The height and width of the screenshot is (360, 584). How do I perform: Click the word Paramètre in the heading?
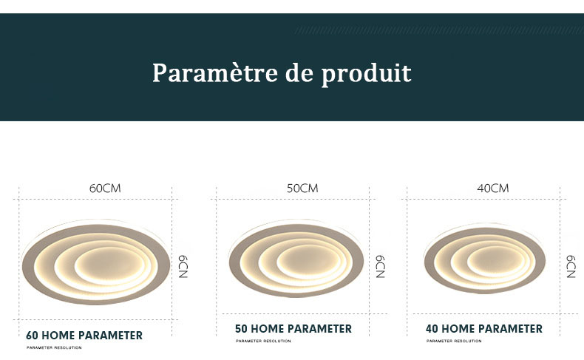pos(215,72)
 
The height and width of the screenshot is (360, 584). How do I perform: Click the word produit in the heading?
pos(367,75)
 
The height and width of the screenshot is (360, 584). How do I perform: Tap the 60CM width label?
pos(105,189)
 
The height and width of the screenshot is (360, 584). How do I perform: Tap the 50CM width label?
pos(302,189)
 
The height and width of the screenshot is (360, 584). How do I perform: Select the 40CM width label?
pos(493,189)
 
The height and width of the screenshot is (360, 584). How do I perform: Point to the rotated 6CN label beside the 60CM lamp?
pos(183,267)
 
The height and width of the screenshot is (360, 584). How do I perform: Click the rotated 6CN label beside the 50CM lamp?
pos(380,267)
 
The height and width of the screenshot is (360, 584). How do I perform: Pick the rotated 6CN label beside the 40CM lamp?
pos(571,267)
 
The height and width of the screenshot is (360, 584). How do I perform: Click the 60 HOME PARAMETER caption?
pos(84,336)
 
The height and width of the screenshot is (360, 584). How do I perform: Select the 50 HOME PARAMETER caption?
pos(293,329)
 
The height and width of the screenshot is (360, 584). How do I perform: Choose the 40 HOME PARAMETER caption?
pos(484,329)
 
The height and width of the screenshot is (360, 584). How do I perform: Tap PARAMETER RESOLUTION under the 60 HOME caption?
pos(54,347)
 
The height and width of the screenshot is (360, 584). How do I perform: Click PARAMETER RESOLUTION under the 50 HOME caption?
pos(263,341)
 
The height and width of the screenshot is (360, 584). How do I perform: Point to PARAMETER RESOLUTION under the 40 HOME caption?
pos(454,341)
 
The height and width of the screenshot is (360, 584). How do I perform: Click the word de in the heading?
pos(299,72)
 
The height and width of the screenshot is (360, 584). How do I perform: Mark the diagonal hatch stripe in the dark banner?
pos(440,30)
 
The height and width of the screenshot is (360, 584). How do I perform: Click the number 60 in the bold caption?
pos(32,336)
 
